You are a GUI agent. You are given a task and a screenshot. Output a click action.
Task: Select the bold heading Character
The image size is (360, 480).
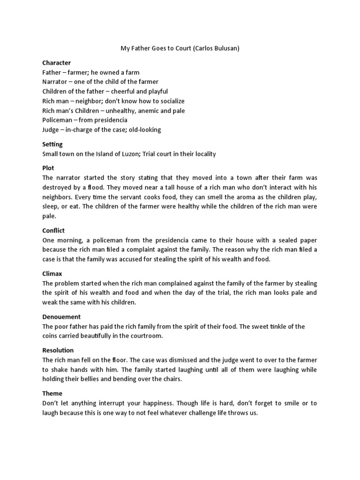[x=56, y=63]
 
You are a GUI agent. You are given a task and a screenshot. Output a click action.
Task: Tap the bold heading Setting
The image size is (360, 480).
[x=52, y=144]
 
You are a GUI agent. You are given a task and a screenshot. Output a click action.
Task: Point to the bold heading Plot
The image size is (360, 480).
[x=48, y=168]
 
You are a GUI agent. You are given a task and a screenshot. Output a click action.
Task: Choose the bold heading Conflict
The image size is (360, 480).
[x=53, y=231]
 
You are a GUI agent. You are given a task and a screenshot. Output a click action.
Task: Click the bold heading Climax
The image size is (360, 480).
[x=52, y=273]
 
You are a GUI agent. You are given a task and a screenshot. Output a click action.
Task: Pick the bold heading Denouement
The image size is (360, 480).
[x=61, y=317]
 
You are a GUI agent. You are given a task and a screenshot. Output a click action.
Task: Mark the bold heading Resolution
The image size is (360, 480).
[x=58, y=350]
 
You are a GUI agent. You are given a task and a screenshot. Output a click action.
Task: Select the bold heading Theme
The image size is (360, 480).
[x=52, y=393]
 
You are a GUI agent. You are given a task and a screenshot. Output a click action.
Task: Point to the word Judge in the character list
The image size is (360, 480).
[x=51, y=130]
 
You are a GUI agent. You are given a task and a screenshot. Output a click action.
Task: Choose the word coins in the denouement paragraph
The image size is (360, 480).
[x=52, y=336]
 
